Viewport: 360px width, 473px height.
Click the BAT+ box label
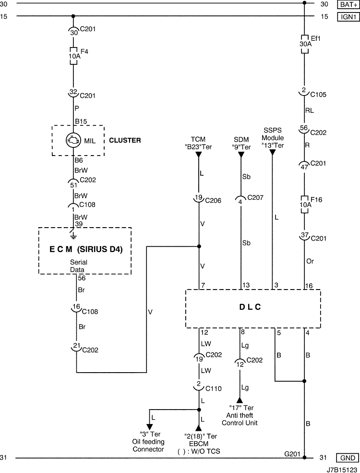pos(348,4)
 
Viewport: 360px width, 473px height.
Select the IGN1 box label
pos(348,17)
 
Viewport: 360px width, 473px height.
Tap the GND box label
pos(348,458)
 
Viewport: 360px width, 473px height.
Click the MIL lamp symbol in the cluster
pos(73,140)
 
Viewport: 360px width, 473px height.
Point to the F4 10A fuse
pos(73,56)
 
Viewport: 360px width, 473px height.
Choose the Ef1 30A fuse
pos(305,44)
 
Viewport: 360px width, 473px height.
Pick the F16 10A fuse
pos(305,205)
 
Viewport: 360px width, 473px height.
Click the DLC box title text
pos(250,307)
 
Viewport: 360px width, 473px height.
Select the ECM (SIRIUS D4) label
pos(86,250)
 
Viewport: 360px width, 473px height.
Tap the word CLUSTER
pos(125,140)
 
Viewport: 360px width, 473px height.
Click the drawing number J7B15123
pos(343,470)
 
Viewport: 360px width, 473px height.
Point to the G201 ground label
pos(292,454)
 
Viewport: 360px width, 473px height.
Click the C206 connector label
pos(213,200)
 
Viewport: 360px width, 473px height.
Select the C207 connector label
pos(255,197)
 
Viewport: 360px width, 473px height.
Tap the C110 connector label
pos(214,388)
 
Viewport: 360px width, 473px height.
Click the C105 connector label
pos(318,95)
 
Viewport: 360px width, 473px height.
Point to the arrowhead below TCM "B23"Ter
pos(198,155)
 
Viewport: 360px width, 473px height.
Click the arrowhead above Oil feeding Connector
pos(150,427)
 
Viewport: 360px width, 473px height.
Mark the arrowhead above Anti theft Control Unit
pos(240,400)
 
